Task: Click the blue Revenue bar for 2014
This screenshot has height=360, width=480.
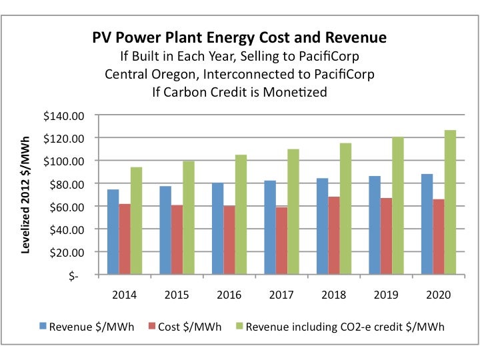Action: click(113, 231)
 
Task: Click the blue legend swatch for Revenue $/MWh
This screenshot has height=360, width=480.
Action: click(43, 327)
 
